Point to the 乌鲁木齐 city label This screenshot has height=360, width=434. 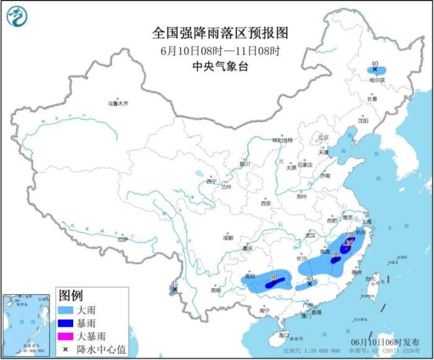coord(117,103)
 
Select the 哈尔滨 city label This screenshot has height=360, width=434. coord(377,80)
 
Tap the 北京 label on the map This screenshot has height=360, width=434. coord(323,137)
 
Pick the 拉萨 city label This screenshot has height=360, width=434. coord(122,239)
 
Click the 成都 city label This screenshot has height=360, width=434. coord(228,237)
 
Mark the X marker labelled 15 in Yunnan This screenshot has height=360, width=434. coord(175,289)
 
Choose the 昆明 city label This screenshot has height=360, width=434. coord(215,289)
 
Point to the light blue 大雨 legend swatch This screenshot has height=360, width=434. coord(64,307)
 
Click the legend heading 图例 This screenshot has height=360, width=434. coord(70,294)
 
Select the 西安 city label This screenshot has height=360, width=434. coord(266,203)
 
